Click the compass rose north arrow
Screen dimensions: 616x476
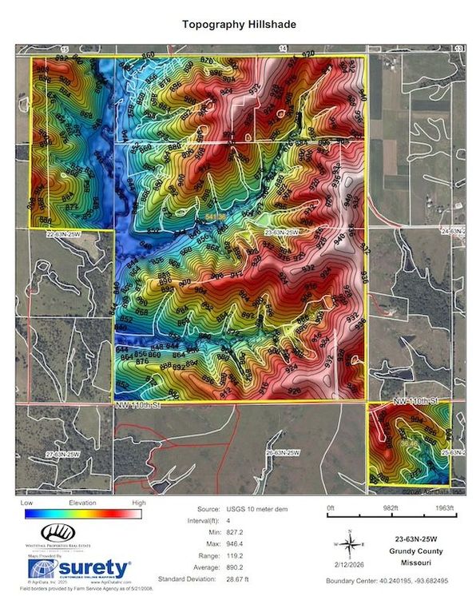tap(349, 544)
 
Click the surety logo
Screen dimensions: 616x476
tap(78, 569)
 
